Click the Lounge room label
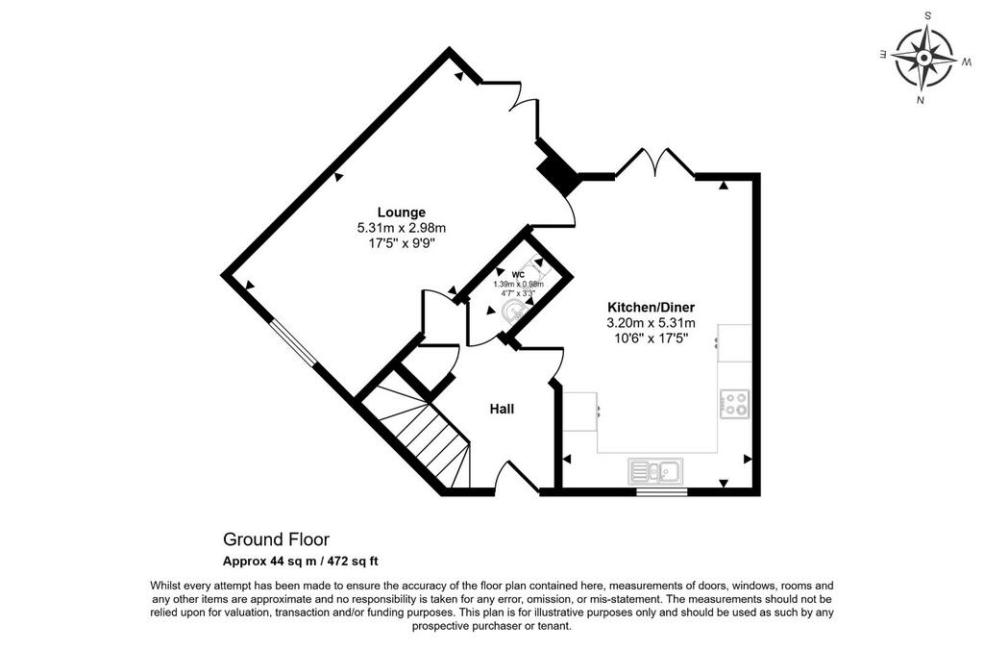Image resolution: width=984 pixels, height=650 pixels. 401,212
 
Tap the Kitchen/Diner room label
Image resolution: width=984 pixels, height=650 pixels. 651,308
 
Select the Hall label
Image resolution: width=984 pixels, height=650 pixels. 502,410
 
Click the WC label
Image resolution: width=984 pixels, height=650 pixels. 518,275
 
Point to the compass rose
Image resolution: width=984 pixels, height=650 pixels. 923,59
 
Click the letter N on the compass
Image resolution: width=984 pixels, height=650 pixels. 920,100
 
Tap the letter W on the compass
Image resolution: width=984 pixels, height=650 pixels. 967,62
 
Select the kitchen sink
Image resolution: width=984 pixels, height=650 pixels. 655,472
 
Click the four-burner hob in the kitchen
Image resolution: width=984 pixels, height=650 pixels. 734,404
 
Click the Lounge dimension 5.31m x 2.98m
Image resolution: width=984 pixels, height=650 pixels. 401,228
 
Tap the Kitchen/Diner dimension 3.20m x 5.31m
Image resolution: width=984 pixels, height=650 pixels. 651,323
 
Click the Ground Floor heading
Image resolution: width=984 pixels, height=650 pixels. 276,539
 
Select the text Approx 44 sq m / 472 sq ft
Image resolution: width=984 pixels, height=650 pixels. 300,561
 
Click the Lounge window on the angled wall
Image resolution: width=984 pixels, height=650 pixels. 293,343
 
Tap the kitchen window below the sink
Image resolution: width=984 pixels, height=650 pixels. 661,491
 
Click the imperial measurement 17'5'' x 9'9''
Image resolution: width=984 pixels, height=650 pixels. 401,243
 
